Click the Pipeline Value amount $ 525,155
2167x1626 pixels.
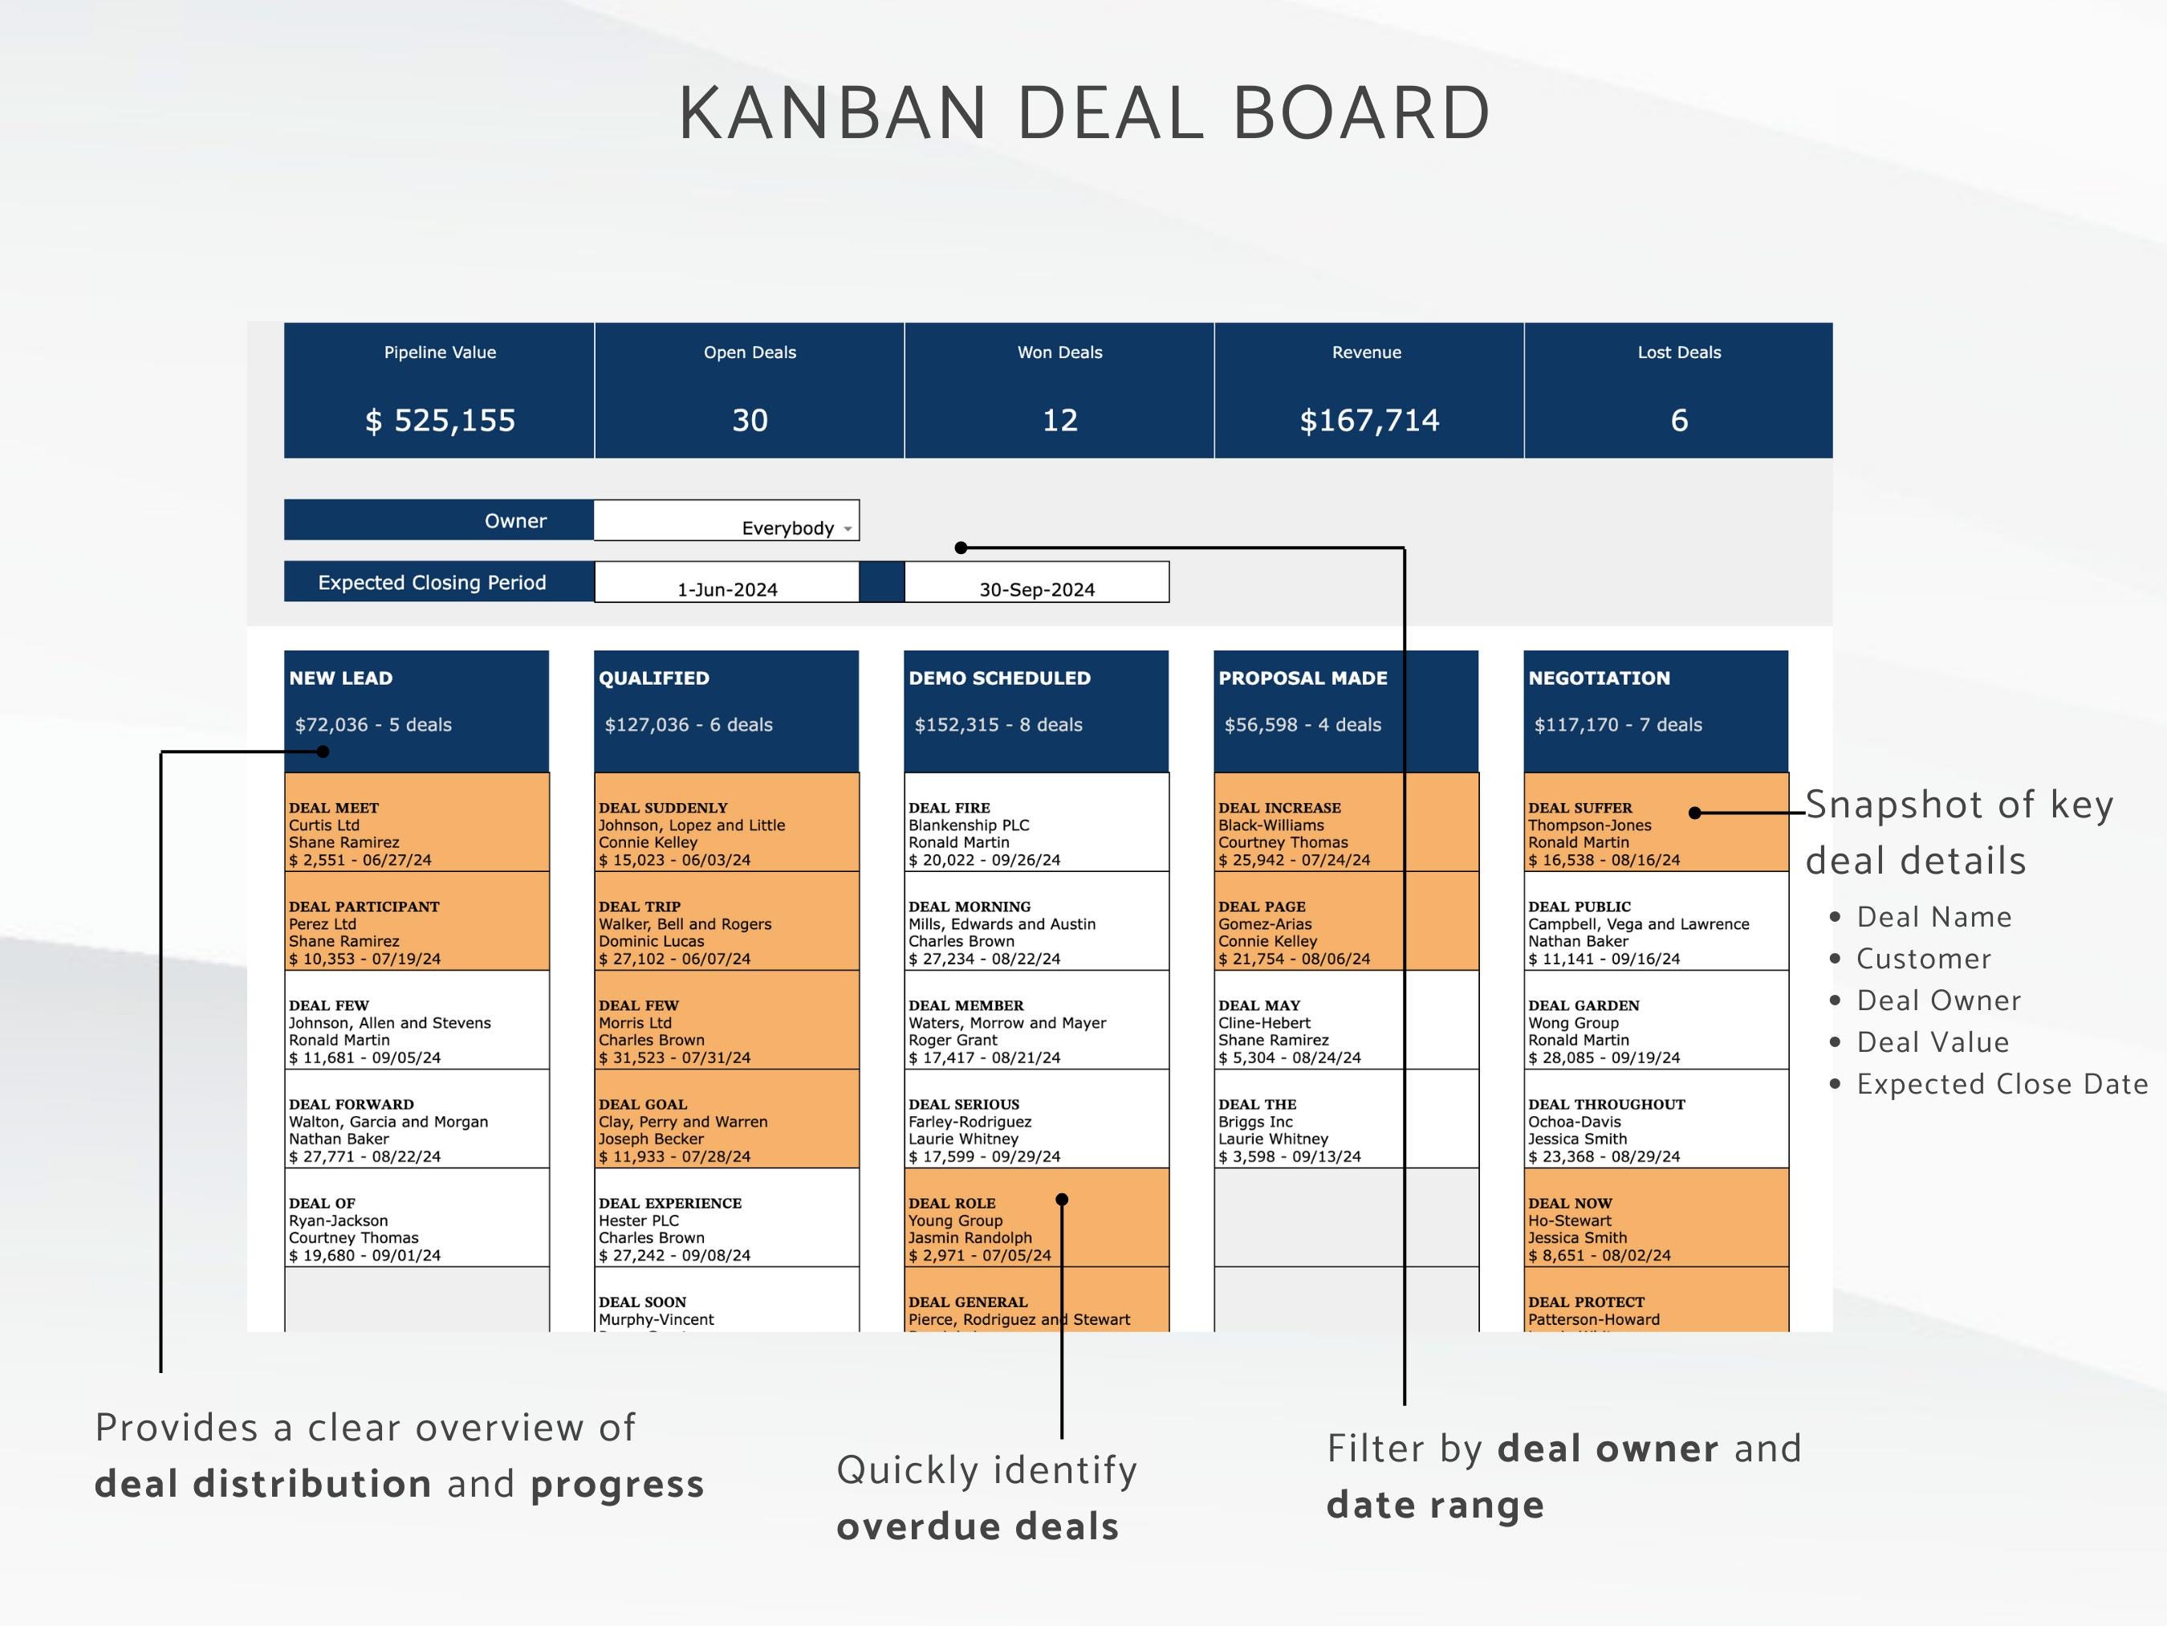[x=440, y=421]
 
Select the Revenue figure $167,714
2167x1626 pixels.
[x=1368, y=421]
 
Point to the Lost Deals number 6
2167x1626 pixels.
[x=1678, y=421]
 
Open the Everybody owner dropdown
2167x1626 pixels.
[x=848, y=528]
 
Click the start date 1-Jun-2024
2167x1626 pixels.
[x=727, y=589]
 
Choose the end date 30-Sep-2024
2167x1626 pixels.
[x=1036, y=589]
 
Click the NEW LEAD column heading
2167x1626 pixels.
[x=341, y=679]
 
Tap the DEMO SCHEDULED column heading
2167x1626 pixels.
[x=999, y=679]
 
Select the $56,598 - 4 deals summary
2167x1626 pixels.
[x=1302, y=724]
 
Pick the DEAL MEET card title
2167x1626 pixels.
[x=333, y=808]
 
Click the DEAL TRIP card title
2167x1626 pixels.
[x=639, y=907]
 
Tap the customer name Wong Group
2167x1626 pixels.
[x=1573, y=1022]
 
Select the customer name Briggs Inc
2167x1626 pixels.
[x=1255, y=1121]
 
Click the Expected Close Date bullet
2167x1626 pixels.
[x=2002, y=1084]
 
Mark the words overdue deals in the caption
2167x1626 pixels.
[x=977, y=1526]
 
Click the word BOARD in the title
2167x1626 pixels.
[x=1360, y=112]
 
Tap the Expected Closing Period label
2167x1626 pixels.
[x=431, y=582]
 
